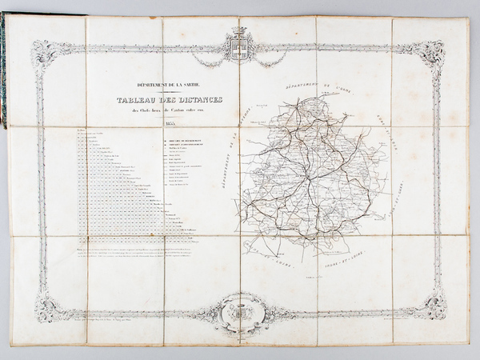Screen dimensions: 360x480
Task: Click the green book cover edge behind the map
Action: coord(3,72)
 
